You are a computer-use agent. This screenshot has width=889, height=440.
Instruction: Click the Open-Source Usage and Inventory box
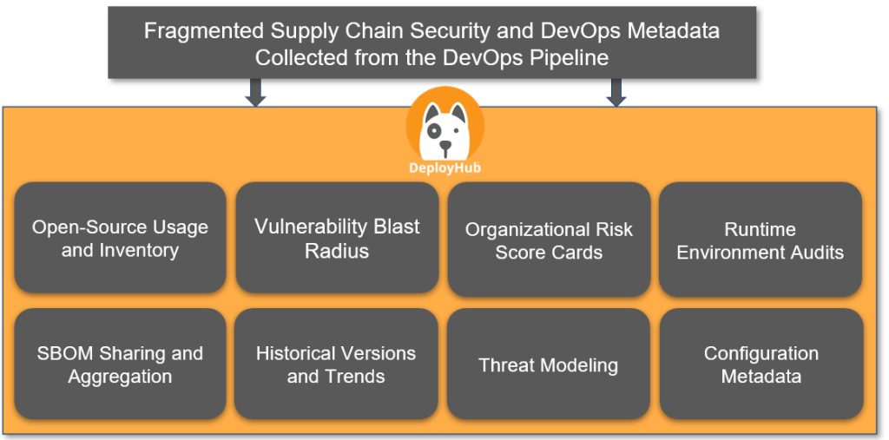pyautogui.click(x=120, y=238)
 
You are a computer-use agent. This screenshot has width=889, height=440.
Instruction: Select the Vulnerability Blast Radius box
pyautogui.click(x=337, y=238)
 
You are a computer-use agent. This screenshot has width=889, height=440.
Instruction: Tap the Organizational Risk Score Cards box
pyautogui.click(x=549, y=240)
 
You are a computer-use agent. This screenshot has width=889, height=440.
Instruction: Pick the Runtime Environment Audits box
pyautogui.click(x=760, y=240)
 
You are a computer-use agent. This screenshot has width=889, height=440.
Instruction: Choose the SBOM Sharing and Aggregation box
pyautogui.click(x=120, y=364)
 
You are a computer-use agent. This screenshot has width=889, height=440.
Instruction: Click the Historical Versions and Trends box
pyautogui.click(x=336, y=364)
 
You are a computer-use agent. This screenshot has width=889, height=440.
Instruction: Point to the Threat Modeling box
pyautogui.click(x=548, y=364)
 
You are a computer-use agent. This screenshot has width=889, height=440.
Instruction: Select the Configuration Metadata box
pyautogui.click(x=761, y=364)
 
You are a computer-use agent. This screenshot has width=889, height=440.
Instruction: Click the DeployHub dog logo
pyautogui.click(x=444, y=126)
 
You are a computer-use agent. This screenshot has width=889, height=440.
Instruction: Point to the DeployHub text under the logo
pyautogui.click(x=444, y=168)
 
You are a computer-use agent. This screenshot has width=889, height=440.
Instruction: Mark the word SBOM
pyautogui.click(x=62, y=353)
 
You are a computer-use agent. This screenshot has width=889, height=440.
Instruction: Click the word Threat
pyautogui.click(x=506, y=364)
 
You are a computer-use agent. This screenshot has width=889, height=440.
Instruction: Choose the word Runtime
pyautogui.click(x=760, y=229)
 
